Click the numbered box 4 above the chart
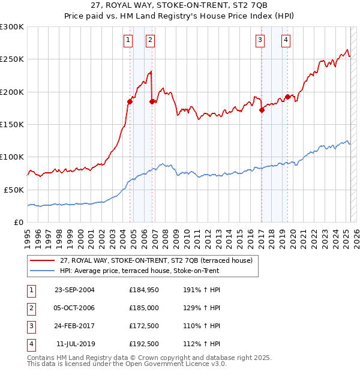286,40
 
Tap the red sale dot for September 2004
130,101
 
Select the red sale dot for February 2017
262,110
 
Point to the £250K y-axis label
11,59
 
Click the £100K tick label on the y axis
11,157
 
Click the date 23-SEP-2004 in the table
74,290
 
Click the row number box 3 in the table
31,326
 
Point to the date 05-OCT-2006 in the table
74,308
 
